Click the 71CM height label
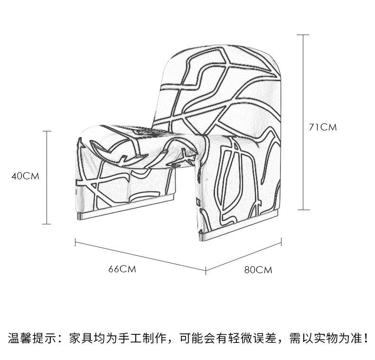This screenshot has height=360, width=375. coord(323,127)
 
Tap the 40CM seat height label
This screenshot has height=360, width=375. coord(25,176)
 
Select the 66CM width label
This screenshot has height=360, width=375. coord(122,269)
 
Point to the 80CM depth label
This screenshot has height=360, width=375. coord(258,270)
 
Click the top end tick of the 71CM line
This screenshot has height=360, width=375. coord(303,35)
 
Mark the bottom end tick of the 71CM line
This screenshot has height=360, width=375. coord(303,210)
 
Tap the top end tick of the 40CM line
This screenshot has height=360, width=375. coord(47,131)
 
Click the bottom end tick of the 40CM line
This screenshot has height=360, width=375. coord(47,224)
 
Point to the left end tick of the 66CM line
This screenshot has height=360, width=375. coord(75,242)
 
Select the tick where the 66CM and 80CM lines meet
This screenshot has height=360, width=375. coord(206,270)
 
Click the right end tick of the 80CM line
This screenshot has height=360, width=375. coord(281,242)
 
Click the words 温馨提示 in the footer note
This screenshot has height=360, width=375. coord(32,338)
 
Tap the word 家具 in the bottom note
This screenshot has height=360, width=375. coord(81,338)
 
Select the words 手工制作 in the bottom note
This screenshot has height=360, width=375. coord(142,338)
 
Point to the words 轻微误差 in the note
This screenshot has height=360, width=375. coord(253,338)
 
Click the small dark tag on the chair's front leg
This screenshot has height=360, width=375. coord(198,202)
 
